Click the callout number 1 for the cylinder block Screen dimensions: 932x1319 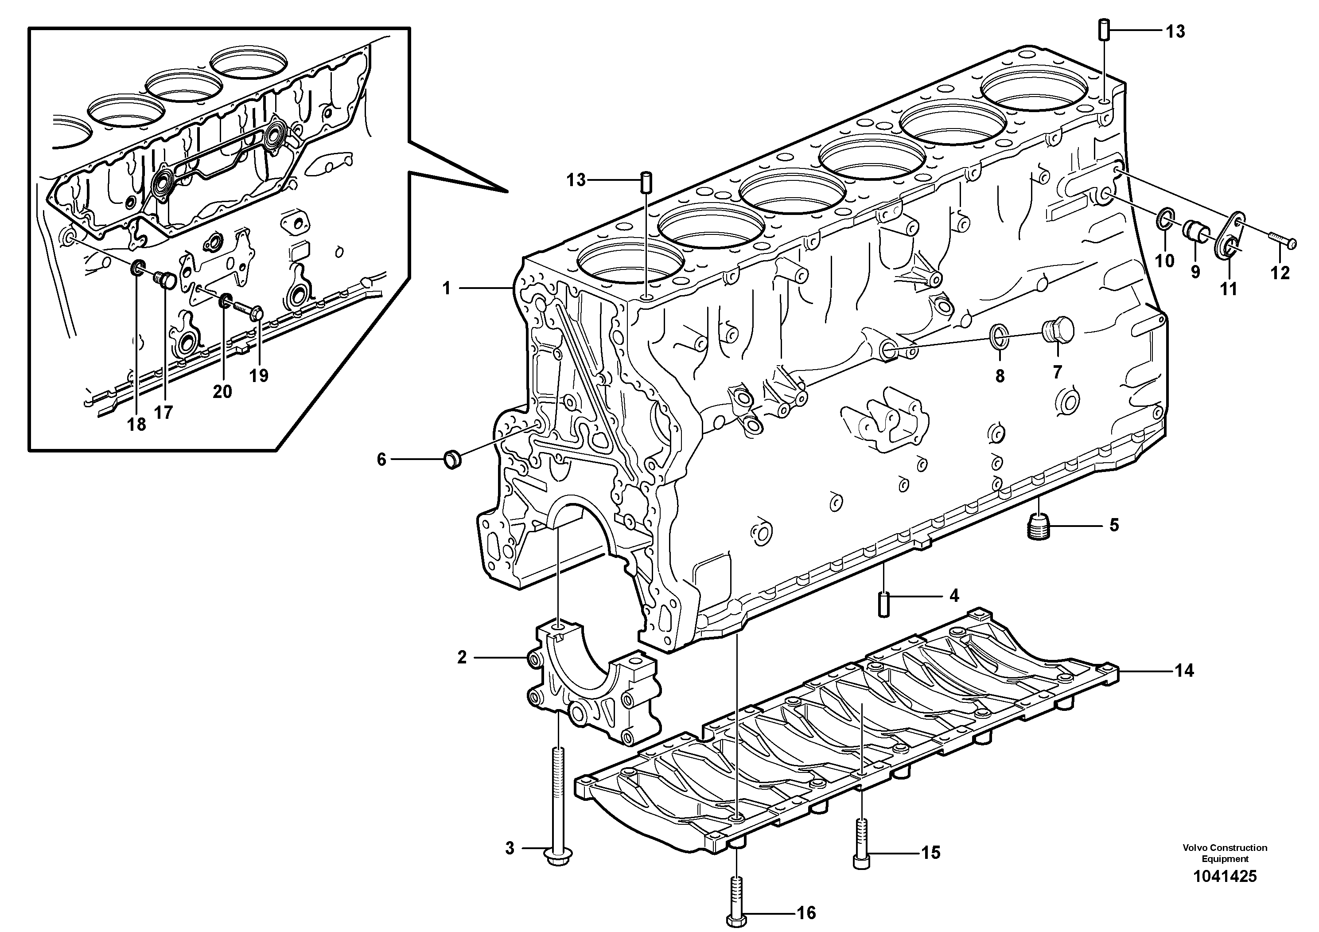pos(446,289)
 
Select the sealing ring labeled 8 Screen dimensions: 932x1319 pos(1000,337)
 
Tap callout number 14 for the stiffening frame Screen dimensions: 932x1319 pos(1184,671)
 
